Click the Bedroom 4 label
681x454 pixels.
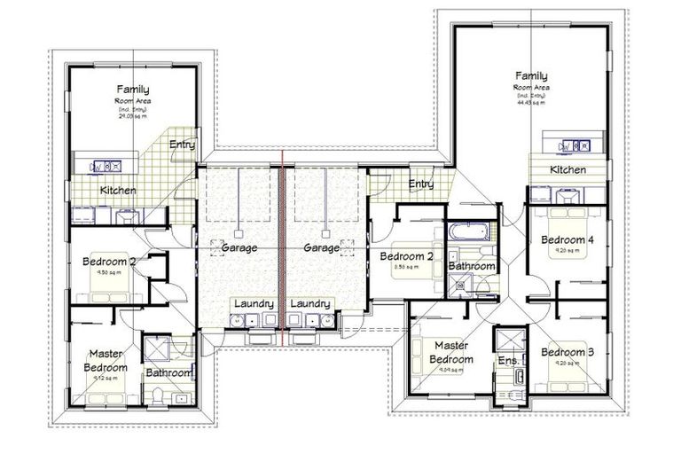coord(567,239)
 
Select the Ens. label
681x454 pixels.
coord(508,361)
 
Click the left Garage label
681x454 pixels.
coord(239,248)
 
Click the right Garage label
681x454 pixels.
coord(321,248)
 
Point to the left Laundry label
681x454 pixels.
coord(253,303)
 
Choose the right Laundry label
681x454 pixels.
coord(310,303)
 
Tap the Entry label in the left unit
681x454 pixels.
coord(183,145)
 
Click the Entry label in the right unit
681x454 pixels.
coord(421,184)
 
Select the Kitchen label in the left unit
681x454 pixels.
coord(118,191)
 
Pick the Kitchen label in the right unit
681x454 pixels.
coord(567,169)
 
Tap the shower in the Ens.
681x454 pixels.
coord(509,341)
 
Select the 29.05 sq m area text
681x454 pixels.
coord(132,115)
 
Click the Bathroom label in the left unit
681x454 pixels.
coord(168,373)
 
